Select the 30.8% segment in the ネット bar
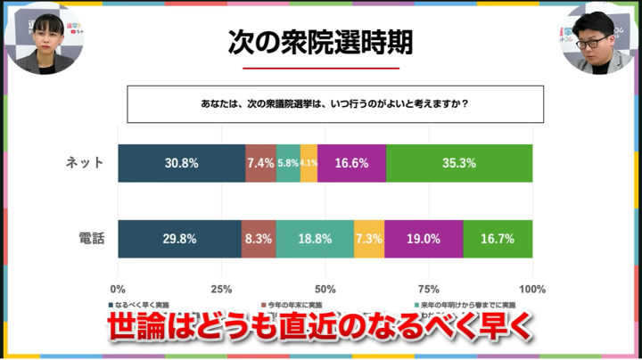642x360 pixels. pos(181,163)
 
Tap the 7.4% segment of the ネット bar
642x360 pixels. pos(260,163)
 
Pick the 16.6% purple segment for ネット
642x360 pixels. pos(351,163)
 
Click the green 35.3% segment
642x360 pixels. pos(459,163)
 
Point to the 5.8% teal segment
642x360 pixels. pos(288,163)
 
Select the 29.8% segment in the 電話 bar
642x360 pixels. pos(179,239)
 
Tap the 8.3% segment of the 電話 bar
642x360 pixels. pos(259,239)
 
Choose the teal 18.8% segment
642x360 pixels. pos(315,239)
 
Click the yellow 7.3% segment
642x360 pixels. pos(369,239)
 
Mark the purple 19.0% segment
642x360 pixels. pos(424,239)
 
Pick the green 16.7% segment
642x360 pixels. pos(498,239)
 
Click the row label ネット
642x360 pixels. pos(86,163)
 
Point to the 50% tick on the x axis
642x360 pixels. pos(325,289)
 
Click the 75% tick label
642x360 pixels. pos(429,289)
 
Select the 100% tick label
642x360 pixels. pos(532,289)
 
